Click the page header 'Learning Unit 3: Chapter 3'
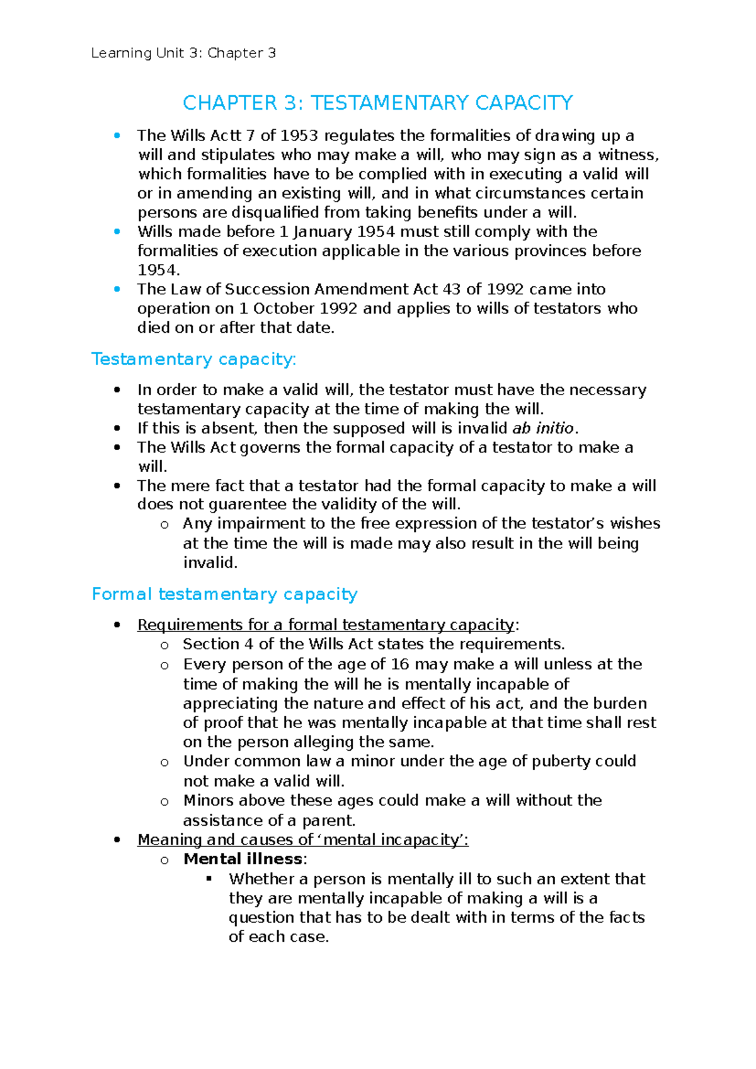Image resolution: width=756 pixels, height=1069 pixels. [x=183, y=53]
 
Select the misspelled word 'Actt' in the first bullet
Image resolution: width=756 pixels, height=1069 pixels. [x=225, y=136]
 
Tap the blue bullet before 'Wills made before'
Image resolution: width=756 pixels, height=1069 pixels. [x=117, y=232]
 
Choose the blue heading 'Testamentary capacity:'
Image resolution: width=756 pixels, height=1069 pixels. [x=193, y=359]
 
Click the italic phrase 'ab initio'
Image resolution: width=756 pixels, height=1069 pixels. [x=542, y=429]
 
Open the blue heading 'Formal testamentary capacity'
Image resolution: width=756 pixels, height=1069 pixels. [x=224, y=594]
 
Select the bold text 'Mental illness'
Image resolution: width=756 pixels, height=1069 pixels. [x=243, y=859]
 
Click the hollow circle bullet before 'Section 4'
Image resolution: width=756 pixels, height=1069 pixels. [x=164, y=645]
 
